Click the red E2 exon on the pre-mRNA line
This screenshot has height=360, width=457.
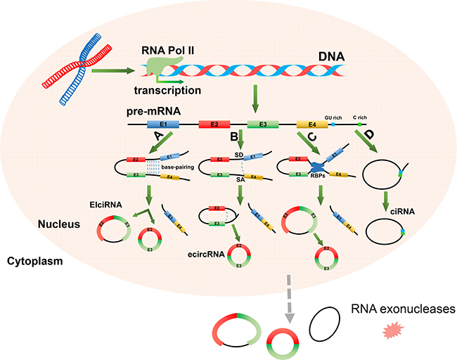point(214,124)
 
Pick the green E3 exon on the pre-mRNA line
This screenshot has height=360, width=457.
point(262,124)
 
